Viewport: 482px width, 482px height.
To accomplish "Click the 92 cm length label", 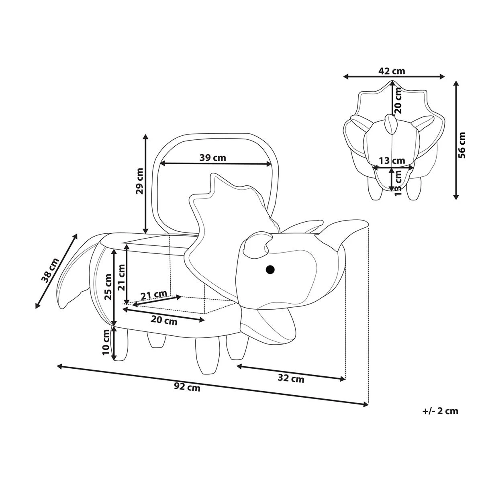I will [x=187, y=387].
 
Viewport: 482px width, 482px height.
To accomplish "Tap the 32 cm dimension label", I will [x=291, y=378].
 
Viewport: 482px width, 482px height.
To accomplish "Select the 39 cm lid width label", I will [x=213, y=157].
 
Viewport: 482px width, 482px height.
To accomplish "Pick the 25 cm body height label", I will [x=108, y=287].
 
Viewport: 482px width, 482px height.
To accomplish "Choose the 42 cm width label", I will [x=392, y=71].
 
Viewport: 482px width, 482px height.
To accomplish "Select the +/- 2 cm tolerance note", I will [x=440, y=411].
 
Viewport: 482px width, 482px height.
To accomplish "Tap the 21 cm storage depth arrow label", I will [x=153, y=296].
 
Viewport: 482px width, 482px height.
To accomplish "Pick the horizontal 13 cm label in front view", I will [x=392, y=161].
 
